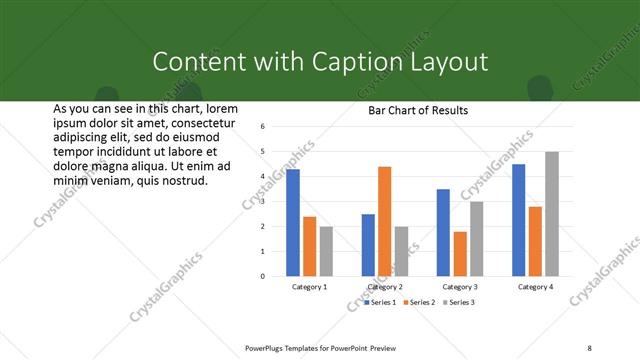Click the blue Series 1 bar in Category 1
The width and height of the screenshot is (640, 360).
(293, 222)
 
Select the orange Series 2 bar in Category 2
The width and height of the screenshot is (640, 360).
(385, 221)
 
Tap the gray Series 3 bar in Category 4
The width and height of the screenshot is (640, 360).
(552, 213)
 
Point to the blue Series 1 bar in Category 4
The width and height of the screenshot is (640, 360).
(518, 220)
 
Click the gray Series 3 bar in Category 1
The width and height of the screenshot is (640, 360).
(326, 251)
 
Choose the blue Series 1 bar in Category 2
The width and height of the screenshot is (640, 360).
(368, 245)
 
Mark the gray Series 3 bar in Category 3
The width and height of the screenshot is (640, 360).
(477, 238)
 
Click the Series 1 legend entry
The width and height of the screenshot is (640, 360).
(381, 302)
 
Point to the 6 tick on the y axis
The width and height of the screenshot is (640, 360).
(261, 127)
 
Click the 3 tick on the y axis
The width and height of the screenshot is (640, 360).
(261, 201)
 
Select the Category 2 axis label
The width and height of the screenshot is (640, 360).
(385, 287)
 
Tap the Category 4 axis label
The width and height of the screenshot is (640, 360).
(535, 287)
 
